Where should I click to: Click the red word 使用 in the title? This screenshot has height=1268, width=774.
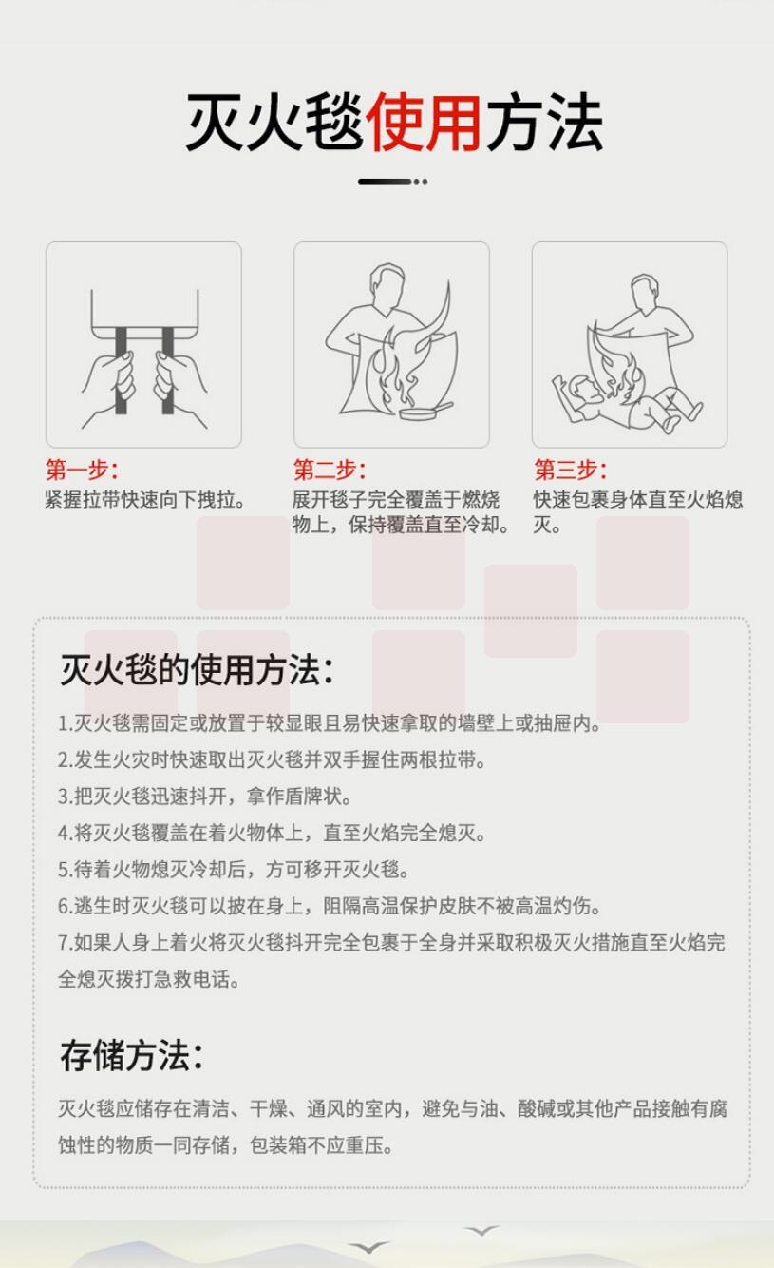(x=424, y=122)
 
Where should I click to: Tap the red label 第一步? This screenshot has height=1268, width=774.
(x=82, y=470)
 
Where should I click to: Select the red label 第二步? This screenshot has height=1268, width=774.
(x=329, y=470)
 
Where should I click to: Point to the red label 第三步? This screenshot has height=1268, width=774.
(x=570, y=470)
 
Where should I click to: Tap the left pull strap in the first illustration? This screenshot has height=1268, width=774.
(x=121, y=370)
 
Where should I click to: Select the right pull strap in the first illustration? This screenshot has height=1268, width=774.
(x=168, y=370)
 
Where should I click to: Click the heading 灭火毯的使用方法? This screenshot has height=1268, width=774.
(x=197, y=669)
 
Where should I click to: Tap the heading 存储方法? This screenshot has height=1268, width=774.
(x=131, y=1056)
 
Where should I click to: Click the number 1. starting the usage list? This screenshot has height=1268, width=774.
(x=66, y=723)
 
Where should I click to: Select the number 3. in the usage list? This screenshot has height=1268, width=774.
(x=66, y=797)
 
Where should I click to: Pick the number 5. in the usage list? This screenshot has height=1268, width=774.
(x=66, y=870)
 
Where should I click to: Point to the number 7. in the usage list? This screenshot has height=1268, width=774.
(x=66, y=943)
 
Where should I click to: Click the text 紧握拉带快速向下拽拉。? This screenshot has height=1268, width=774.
(x=144, y=500)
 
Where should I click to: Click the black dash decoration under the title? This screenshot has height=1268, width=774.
(x=392, y=182)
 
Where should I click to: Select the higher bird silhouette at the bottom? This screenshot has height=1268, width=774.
(x=481, y=1230)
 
